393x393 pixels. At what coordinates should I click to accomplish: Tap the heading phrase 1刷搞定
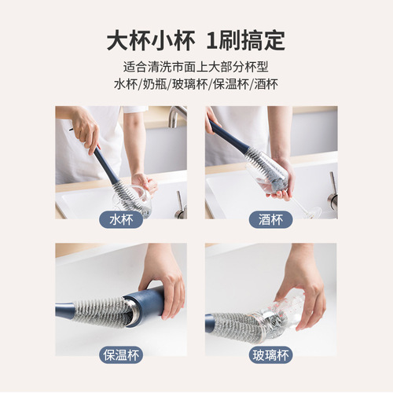245,39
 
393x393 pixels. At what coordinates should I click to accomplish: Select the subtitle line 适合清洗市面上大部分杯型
196,67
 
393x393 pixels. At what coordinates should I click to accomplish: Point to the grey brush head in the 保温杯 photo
98,308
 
